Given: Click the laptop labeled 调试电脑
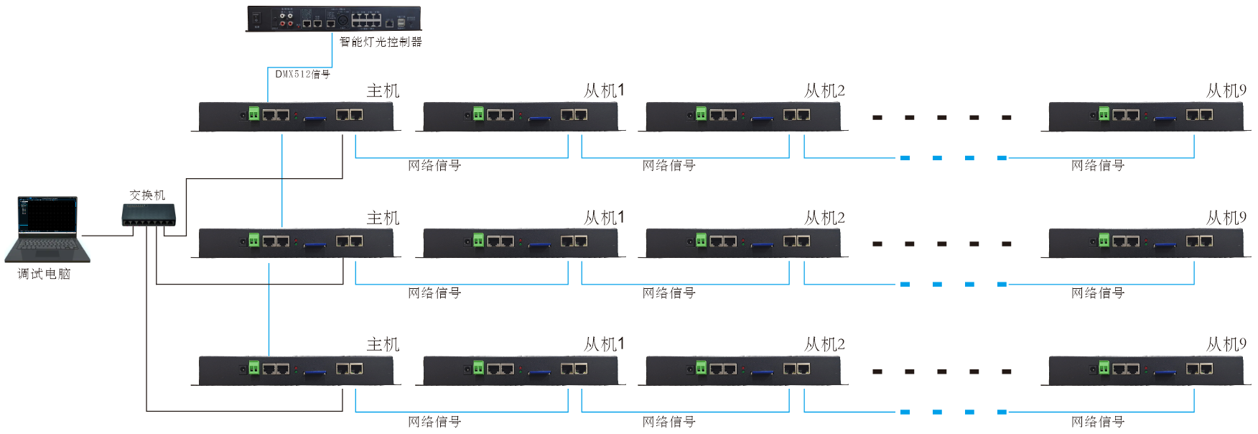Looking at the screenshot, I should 47,228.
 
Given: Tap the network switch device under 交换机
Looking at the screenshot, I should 149,215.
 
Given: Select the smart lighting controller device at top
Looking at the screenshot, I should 334,19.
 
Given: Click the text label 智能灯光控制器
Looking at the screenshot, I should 381,42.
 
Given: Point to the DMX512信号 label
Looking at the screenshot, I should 302,74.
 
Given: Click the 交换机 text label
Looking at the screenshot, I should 147,195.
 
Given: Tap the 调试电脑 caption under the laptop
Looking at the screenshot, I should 45,274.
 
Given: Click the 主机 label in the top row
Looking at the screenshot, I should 383,91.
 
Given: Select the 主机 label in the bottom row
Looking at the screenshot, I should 383,345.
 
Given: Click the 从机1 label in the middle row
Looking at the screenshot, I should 604,218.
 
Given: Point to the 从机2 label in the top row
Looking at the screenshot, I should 824,91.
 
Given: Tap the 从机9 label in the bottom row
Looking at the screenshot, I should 1226,345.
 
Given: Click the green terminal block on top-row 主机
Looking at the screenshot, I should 253,114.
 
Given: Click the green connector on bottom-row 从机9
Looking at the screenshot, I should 1104,368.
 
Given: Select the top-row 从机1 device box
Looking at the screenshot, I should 521,116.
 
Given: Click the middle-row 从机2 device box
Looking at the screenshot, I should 743,243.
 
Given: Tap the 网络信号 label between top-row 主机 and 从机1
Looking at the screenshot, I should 434,166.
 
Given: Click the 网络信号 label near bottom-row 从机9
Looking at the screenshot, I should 1098,422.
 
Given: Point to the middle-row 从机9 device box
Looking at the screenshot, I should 1146,243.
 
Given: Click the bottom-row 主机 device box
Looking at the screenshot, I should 296,370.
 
